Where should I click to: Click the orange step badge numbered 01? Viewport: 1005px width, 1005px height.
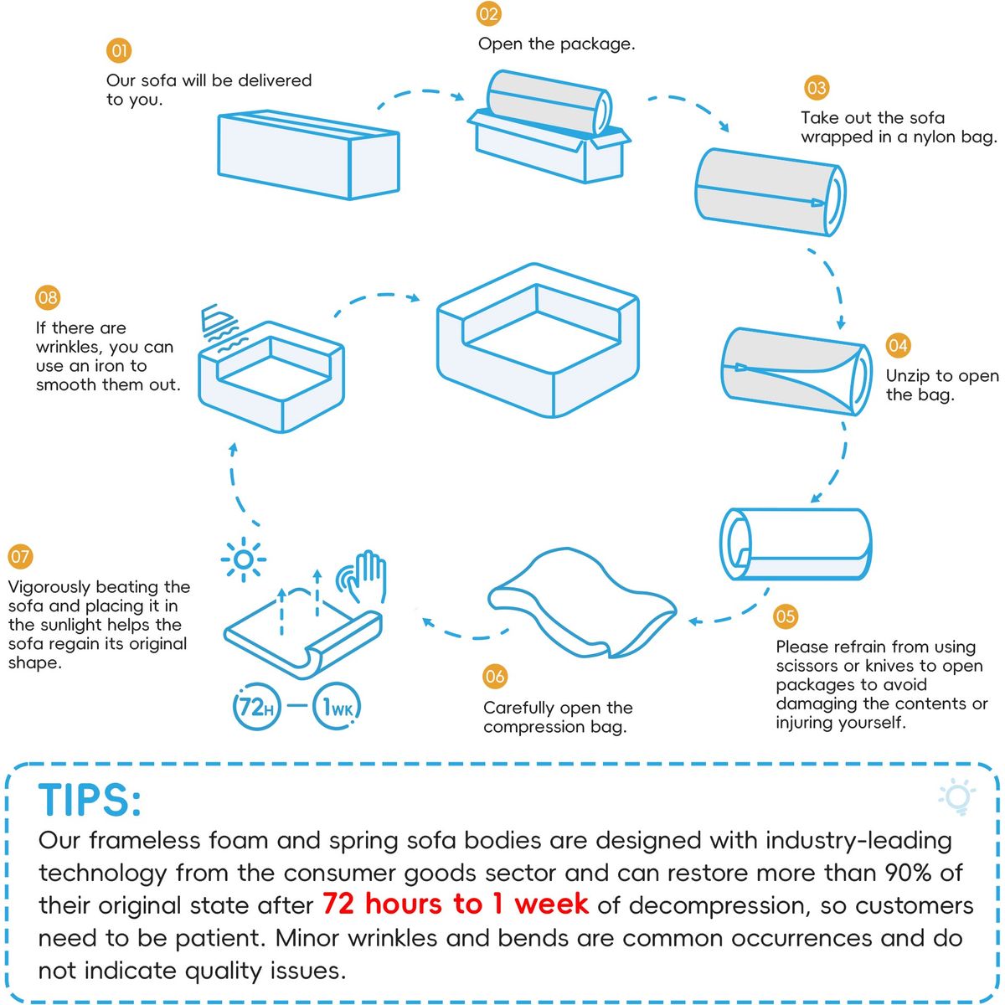tap(119, 50)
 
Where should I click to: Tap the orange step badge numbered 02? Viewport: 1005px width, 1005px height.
tap(488, 14)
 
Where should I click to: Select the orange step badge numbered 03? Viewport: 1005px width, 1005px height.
tap(817, 88)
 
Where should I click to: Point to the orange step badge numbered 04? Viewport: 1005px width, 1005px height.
tap(898, 346)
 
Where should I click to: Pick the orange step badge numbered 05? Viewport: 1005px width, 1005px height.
tap(786, 616)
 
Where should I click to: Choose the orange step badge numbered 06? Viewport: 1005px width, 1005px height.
tap(495, 677)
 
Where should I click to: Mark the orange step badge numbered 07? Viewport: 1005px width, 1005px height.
tap(20, 556)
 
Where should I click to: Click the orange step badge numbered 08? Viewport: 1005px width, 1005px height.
tap(48, 298)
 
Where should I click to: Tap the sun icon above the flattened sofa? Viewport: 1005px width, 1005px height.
tap(243, 559)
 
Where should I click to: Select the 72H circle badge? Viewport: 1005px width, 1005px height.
tap(256, 706)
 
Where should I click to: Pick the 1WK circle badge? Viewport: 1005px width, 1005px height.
tap(337, 706)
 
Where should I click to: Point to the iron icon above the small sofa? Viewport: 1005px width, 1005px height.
tap(220, 326)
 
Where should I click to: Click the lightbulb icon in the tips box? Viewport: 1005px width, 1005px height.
tap(957, 796)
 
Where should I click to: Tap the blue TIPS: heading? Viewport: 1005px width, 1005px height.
tap(90, 800)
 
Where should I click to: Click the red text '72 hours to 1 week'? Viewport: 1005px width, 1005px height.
tap(456, 904)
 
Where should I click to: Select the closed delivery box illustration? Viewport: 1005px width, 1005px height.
tap(308, 154)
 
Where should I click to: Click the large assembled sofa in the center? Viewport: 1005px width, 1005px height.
tap(538, 340)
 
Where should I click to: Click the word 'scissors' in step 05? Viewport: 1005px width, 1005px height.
tap(807, 666)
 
